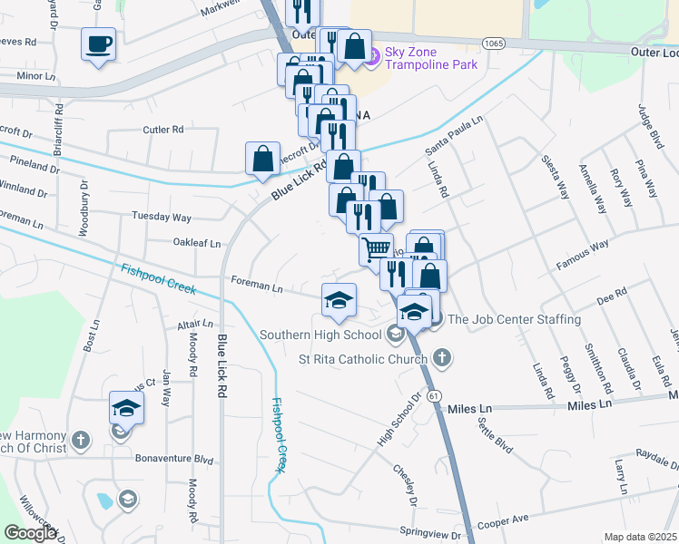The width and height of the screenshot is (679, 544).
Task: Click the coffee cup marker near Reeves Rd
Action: point(99,44)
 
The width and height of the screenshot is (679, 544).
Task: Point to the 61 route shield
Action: point(436,396)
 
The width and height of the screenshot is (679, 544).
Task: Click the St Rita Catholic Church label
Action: point(363,359)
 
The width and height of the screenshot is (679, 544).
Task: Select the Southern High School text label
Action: point(320,335)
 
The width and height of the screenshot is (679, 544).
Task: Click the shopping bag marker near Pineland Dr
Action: point(262,158)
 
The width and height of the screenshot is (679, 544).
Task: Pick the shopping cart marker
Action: point(377,248)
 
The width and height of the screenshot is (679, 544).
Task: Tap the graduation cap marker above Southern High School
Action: point(339,300)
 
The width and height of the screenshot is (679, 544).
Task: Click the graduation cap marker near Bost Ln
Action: point(127,407)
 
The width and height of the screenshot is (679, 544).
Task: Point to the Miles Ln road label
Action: point(469,410)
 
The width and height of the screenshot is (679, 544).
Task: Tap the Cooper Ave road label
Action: point(503,521)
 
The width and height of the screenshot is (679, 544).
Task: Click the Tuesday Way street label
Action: point(162,218)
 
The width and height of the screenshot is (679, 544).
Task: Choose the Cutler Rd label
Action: point(162,130)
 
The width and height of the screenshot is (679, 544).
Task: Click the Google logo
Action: point(30,533)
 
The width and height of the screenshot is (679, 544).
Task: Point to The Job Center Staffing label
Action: point(514,319)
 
